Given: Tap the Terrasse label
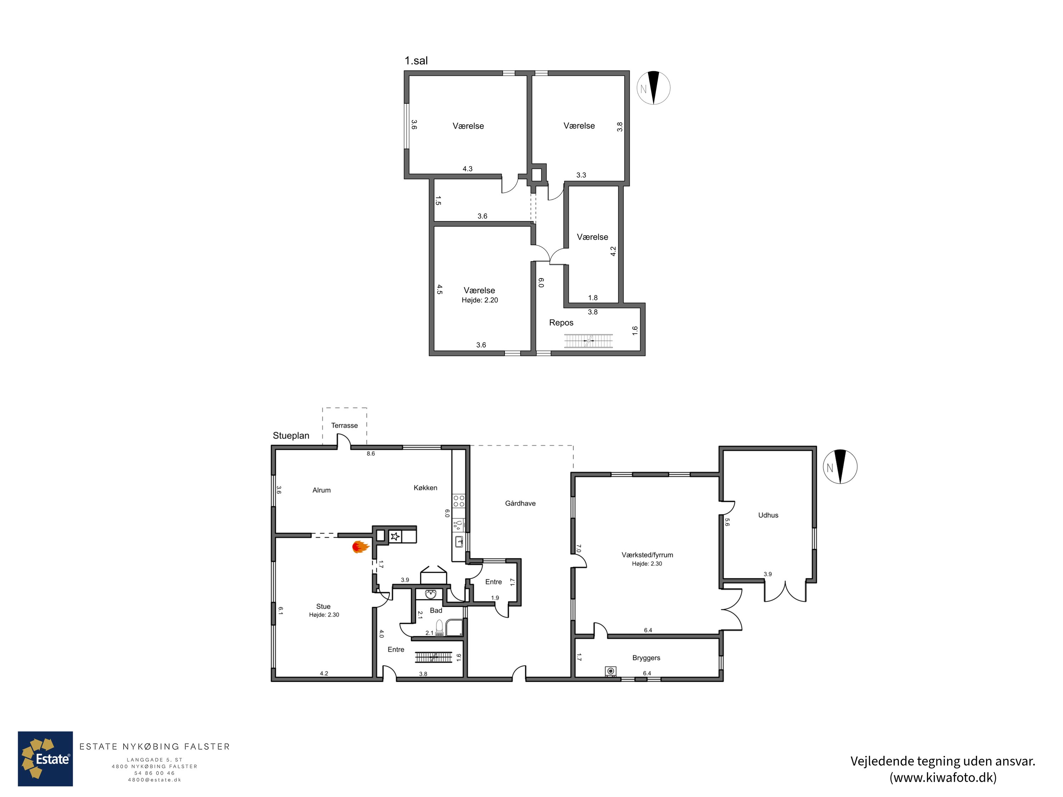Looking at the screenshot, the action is click(344, 426).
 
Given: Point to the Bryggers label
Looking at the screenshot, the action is click(646, 658).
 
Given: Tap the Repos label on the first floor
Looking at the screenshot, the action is click(561, 323).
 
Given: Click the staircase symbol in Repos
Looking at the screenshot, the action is click(588, 341).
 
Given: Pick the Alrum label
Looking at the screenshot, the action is click(321, 490).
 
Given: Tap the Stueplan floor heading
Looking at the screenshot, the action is click(291, 436).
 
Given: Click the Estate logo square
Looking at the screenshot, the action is click(45, 759).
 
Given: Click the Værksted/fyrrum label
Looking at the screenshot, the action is click(647, 555).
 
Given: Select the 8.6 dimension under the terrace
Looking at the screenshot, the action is click(371, 453).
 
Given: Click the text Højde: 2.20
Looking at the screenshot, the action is click(480, 300).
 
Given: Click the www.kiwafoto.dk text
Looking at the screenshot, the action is click(943, 777).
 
